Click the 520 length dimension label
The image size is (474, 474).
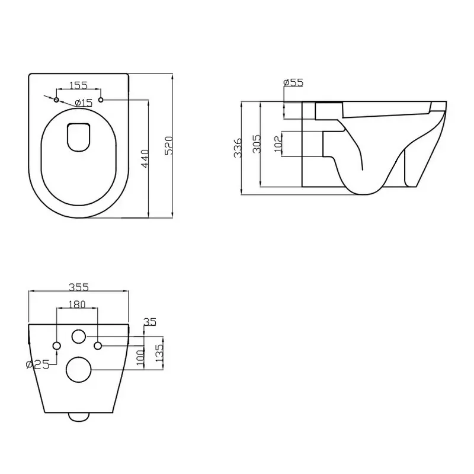pyautogui.click(x=168, y=145)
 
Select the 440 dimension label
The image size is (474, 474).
pyautogui.click(x=145, y=158)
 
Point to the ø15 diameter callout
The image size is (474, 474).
pyautogui.click(x=84, y=103)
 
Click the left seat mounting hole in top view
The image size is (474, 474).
pyautogui.click(x=57, y=100)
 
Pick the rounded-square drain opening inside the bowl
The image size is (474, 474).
pyautogui.click(x=79, y=136)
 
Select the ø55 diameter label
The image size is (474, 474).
pyautogui.click(x=293, y=83)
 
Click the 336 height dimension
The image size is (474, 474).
pyautogui.click(x=238, y=148)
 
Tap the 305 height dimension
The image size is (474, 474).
pyautogui.click(x=257, y=145)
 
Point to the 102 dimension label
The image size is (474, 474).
pyautogui.click(x=278, y=145)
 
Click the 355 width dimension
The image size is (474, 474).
pyautogui.click(x=78, y=287)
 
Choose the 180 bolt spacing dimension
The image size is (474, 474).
pyautogui.click(x=78, y=305)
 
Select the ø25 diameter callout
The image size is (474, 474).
pyautogui.click(x=37, y=365)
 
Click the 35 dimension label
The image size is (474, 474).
pyautogui.click(x=149, y=322)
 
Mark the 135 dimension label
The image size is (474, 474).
pyautogui.click(x=158, y=354)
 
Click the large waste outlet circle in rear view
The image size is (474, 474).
pyautogui.click(x=78, y=370)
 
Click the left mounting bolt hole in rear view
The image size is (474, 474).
pyautogui.click(x=57, y=345)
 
